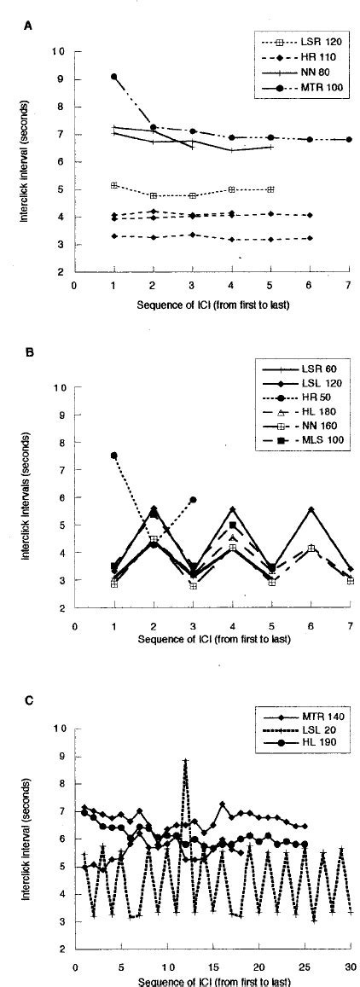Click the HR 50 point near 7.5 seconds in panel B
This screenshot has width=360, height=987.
(114, 456)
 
